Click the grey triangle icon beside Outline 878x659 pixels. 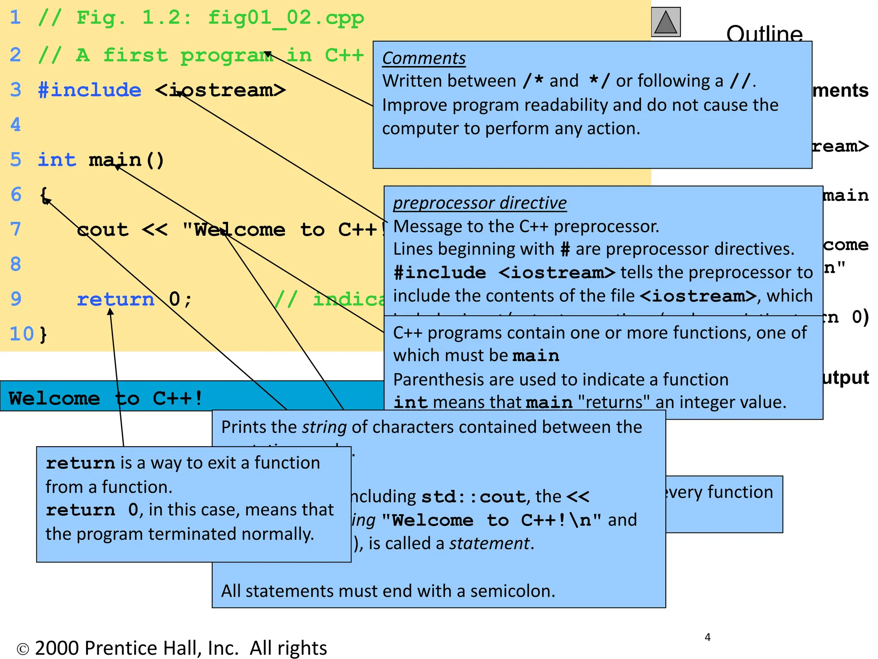pos(665,22)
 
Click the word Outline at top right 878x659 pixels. pos(764,33)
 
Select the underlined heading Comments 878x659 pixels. pos(424,58)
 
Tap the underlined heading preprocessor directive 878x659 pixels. pos(480,203)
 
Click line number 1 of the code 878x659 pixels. pos(15,18)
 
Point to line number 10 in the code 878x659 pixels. pos(21,334)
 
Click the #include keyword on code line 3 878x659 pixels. pos(90,90)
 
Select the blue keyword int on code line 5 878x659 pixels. pos(57,160)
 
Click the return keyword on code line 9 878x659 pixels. pos(115,299)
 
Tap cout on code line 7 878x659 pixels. pos(102,230)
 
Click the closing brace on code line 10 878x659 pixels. pos(43,334)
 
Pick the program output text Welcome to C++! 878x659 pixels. pos(105,398)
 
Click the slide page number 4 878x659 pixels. pos(707,638)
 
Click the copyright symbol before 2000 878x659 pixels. pos(22,649)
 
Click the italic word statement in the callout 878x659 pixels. pos(489,544)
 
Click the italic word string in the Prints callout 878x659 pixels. pos(324,427)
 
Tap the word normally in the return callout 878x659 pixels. pos(277,534)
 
